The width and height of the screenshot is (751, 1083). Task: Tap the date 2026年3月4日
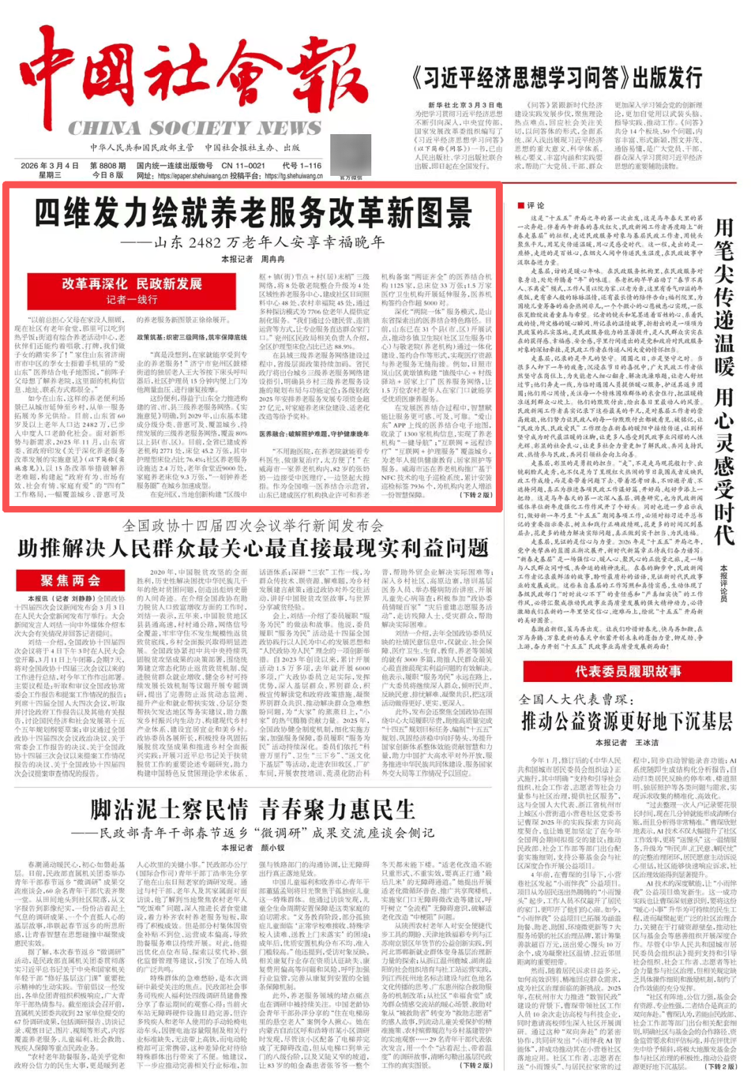[49, 165]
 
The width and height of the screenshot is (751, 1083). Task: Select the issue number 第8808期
[108, 165]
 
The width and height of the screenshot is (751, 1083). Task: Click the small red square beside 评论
[520, 206]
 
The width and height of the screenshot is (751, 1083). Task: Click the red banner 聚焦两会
[70, 580]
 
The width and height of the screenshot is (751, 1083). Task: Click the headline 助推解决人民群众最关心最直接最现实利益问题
[253, 548]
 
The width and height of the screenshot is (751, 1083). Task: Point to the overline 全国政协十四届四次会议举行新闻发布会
[253, 526]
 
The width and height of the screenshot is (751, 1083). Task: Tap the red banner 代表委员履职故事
[627, 671]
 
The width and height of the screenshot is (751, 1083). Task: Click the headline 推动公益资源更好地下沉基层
[627, 721]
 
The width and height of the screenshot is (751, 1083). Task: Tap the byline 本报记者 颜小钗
[253, 847]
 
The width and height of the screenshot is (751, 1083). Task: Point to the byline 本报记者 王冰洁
[627, 742]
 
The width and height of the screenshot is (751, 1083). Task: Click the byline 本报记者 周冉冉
[253, 259]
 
